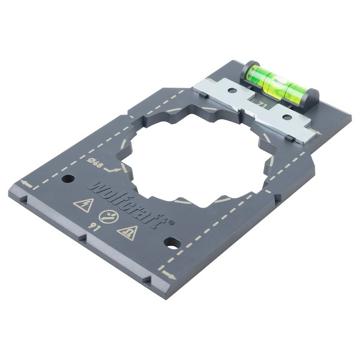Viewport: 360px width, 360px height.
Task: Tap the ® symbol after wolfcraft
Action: coord(170,221)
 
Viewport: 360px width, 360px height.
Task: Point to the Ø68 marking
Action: coord(94,161)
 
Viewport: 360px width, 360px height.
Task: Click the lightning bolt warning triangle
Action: coord(82,205)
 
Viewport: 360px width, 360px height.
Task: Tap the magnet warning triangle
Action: coord(127,232)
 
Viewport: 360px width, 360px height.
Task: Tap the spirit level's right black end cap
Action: coord(312,96)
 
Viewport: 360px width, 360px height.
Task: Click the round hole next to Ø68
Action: coord(68,178)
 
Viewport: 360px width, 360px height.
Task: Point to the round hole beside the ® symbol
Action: coord(172,243)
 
